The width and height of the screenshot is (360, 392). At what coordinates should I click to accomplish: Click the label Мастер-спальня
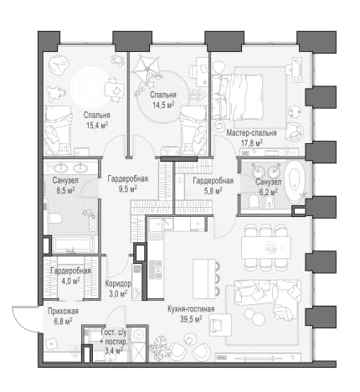[251, 132]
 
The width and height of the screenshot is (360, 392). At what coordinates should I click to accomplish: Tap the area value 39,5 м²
[191, 319]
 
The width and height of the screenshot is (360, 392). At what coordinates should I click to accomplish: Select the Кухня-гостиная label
[191, 309]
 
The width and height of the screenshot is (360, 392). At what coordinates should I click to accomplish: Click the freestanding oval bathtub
[296, 181]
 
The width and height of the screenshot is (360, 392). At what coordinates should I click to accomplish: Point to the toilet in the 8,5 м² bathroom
[54, 219]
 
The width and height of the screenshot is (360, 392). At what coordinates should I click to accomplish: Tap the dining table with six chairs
[265, 247]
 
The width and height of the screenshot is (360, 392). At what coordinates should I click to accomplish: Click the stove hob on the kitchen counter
[156, 269]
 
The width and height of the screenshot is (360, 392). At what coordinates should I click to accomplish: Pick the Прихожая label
[63, 311]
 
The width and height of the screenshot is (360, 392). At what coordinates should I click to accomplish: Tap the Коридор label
[118, 284]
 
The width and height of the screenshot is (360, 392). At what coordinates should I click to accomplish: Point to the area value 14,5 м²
[163, 105]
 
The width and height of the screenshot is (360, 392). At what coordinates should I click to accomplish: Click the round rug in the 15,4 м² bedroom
[90, 87]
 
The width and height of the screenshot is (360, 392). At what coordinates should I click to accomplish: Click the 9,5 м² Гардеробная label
[127, 179]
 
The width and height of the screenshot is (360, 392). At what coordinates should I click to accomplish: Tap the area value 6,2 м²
[268, 192]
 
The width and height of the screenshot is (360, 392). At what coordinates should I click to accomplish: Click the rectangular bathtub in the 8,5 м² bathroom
[73, 245]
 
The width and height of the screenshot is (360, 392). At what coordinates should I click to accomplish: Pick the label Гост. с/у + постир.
[114, 337]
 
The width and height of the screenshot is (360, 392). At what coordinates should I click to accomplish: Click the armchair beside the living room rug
[220, 324]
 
